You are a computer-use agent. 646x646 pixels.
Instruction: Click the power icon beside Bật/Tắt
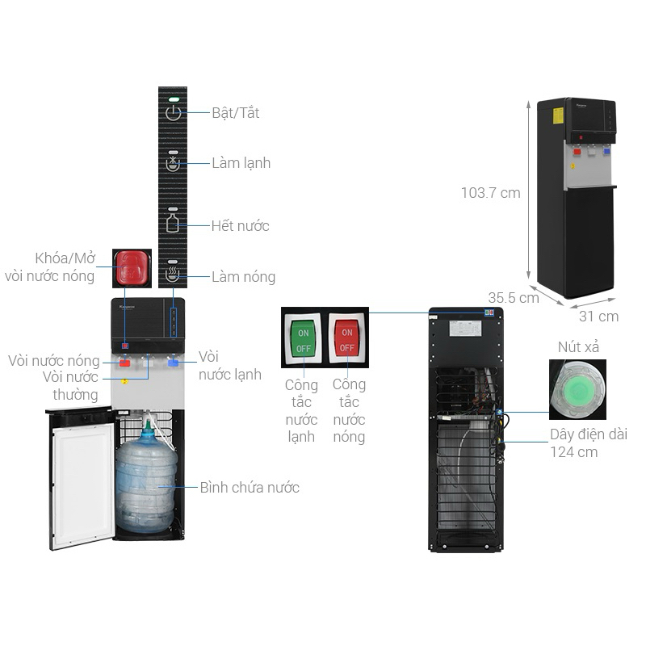tap(174, 113)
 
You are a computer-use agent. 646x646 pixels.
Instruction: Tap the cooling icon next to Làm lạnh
tap(174, 163)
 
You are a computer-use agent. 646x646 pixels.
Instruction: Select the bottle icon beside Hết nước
tap(174, 222)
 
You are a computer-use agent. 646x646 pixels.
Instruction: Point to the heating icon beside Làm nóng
tap(174, 275)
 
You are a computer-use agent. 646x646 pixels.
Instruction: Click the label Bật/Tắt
tap(236, 113)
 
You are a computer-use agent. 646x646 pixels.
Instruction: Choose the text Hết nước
tap(240, 226)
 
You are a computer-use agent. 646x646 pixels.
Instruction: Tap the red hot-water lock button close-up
tap(131, 267)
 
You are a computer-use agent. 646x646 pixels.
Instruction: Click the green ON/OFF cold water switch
tap(304, 340)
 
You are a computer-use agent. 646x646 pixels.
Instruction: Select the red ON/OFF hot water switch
tap(346, 340)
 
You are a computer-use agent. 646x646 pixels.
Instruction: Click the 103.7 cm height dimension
tap(490, 193)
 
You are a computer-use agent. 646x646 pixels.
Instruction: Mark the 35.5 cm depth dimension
tap(513, 297)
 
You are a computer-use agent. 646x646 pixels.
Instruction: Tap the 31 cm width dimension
tap(598, 316)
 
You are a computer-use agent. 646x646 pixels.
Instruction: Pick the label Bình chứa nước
tap(250, 487)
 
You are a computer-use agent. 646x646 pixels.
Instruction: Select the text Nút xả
tap(579, 347)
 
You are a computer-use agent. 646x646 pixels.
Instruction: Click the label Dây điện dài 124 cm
tap(588, 443)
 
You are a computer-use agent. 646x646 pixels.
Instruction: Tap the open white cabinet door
tap(81, 476)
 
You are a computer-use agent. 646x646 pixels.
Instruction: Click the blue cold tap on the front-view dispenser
tap(174, 363)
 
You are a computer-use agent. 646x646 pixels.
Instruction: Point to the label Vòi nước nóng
tap(53, 361)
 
